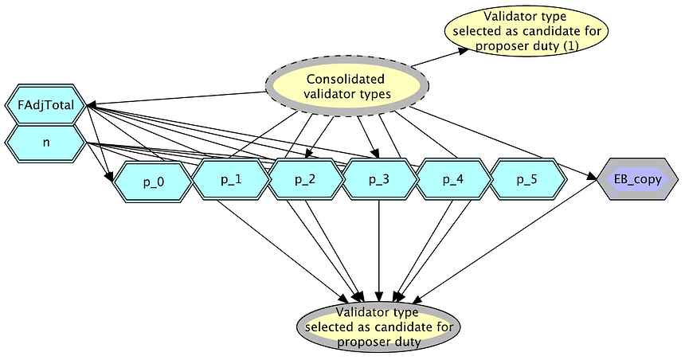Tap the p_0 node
(153, 182)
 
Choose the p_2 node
(305, 178)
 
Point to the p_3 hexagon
(379, 178)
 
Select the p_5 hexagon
(526, 178)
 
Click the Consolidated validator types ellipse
(346, 87)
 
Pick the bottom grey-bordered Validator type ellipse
(378, 327)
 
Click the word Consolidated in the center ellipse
(346, 79)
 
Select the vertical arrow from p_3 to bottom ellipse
(379, 247)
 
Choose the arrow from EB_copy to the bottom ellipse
(510, 247)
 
